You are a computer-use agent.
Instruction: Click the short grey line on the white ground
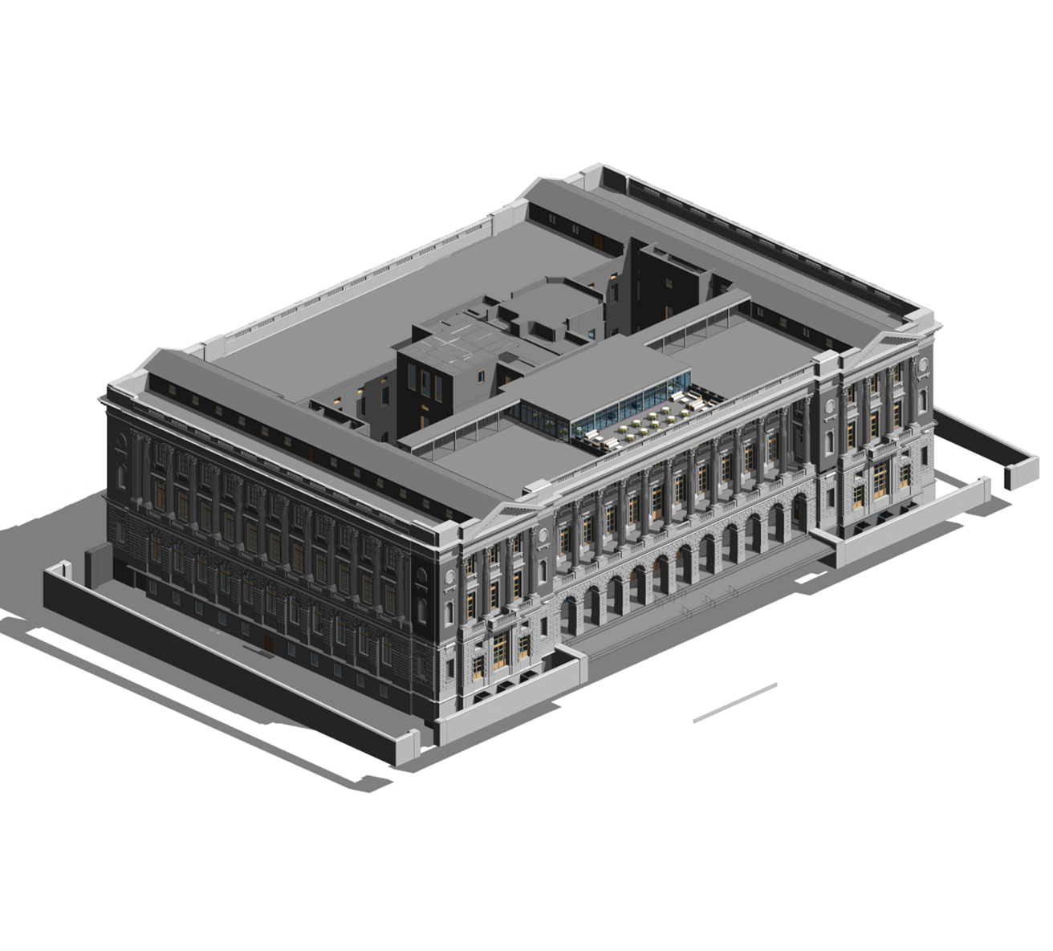click(734, 703)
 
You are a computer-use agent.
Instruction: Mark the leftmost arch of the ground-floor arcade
click(568, 614)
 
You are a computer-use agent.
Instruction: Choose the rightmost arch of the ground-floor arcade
click(800, 510)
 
